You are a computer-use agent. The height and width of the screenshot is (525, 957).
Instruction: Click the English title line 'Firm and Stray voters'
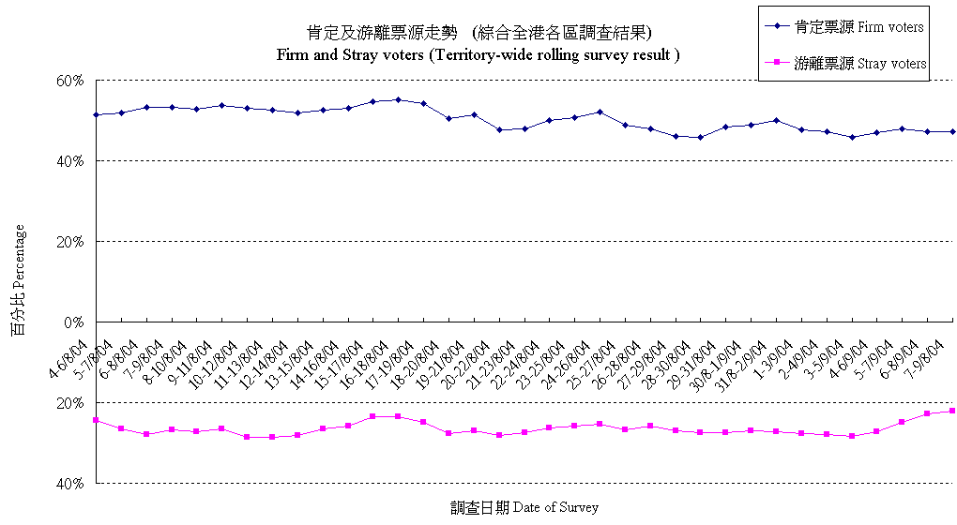[478, 54]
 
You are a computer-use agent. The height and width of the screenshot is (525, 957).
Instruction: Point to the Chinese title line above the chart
[478, 33]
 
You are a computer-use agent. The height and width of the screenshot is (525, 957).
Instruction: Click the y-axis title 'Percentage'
[18, 281]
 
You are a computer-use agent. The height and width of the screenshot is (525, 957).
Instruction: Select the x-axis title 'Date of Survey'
[524, 507]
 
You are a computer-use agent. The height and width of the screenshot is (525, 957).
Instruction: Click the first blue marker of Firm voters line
[96, 114]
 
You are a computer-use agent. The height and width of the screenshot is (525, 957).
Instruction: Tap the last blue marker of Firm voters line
[952, 131]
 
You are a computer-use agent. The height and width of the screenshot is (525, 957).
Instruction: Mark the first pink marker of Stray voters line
[96, 420]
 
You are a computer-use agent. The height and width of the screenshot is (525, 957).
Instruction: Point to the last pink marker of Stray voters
[952, 411]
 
